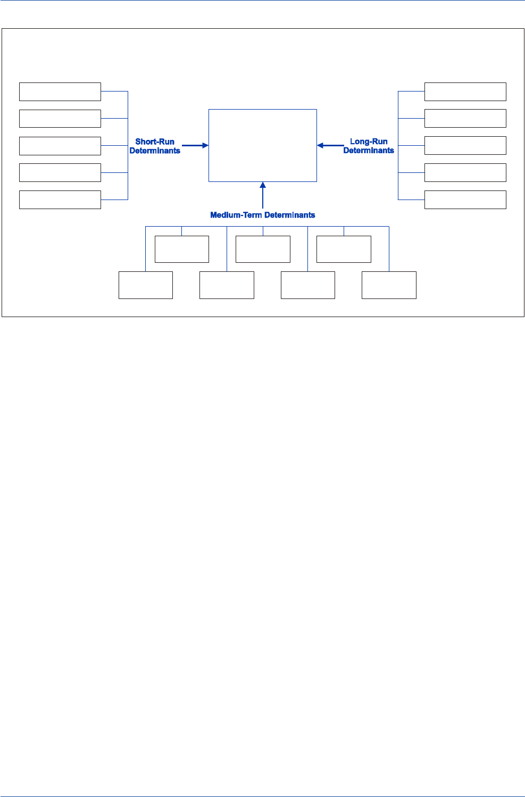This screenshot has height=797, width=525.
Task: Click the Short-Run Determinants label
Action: pyautogui.click(x=155, y=146)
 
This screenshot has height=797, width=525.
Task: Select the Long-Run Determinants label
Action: pyautogui.click(x=369, y=146)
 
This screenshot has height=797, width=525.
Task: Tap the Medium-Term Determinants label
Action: pyautogui.click(x=263, y=215)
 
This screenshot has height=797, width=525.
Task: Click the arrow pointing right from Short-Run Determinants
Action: pyautogui.click(x=195, y=145)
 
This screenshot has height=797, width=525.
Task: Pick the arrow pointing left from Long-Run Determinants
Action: pyautogui.click(x=330, y=145)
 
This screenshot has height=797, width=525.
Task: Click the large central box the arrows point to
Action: pyautogui.click(x=263, y=145)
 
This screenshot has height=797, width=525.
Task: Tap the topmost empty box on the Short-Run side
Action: pyautogui.click(x=60, y=92)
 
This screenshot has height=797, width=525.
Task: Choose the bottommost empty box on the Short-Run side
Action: pyautogui.click(x=60, y=200)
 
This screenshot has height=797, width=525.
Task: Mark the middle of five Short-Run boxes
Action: pyautogui.click(x=60, y=146)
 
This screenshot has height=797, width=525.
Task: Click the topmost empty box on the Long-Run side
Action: pyautogui.click(x=465, y=92)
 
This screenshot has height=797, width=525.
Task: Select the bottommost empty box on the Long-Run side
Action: pyautogui.click(x=465, y=200)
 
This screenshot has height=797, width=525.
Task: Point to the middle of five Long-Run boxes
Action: pyautogui.click(x=465, y=146)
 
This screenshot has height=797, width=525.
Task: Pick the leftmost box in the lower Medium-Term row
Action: pyautogui.click(x=146, y=285)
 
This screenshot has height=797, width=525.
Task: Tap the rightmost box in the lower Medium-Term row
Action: pyautogui.click(x=389, y=285)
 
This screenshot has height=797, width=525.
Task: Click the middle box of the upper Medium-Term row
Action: pyautogui.click(x=263, y=249)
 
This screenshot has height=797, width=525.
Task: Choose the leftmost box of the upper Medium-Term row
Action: pyautogui.click(x=182, y=249)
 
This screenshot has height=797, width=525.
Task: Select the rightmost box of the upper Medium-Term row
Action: pyautogui.click(x=344, y=249)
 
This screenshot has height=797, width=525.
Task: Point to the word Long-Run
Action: pyautogui.click(x=369, y=142)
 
